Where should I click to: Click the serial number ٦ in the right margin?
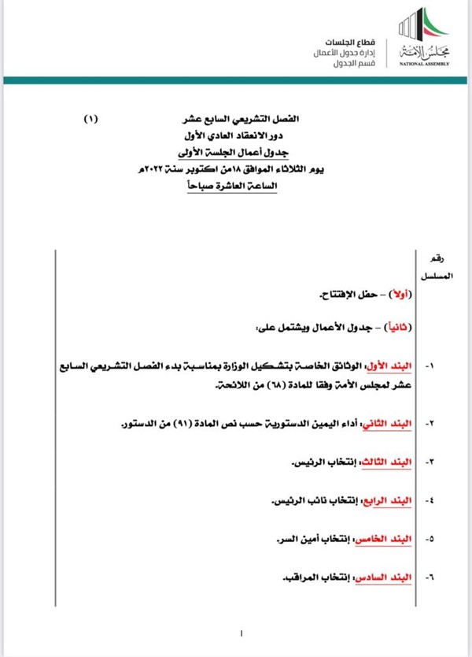click(x=430, y=578)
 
